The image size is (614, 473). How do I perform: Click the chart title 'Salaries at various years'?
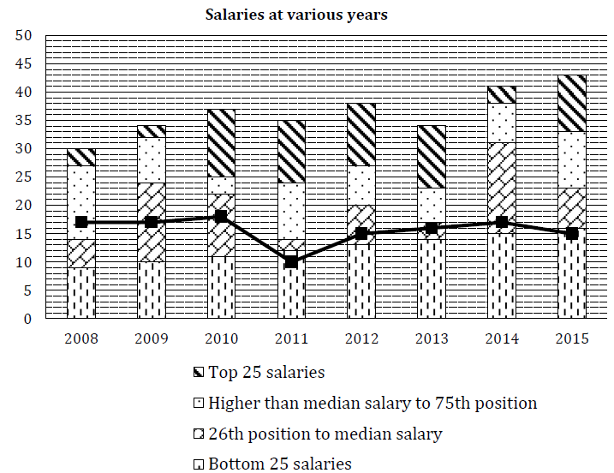pyautogui.click(x=295, y=15)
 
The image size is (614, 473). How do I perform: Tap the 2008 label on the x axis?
pyautogui.click(x=81, y=338)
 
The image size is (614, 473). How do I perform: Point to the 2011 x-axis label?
pyautogui.click(x=291, y=338)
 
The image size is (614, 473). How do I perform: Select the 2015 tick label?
pyautogui.click(x=571, y=338)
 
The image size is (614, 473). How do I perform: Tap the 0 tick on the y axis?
pyautogui.click(x=27, y=320)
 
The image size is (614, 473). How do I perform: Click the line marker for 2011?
pyautogui.click(x=291, y=262)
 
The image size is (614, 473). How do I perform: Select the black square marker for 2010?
pyautogui.click(x=221, y=217)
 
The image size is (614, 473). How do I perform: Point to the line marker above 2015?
pyautogui.click(x=571, y=234)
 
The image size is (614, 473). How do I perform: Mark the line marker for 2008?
pyautogui.click(x=81, y=223)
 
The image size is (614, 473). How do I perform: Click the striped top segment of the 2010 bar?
pyautogui.click(x=221, y=143)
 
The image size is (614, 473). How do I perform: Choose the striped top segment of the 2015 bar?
pyautogui.click(x=571, y=103)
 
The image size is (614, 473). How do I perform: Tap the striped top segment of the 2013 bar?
pyautogui.click(x=431, y=157)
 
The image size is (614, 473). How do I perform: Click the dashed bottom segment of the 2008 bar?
pyautogui.click(x=81, y=293)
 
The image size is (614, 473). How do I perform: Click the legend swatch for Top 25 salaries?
pyautogui.click(x=200, y=373)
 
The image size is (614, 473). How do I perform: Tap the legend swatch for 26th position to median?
pyautogui.click(x=200, y=434)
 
